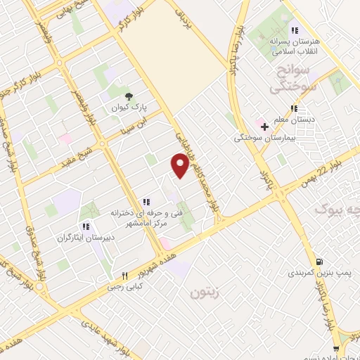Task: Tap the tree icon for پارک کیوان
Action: (x=127, y=97)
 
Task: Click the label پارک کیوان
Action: (x=127, y=109)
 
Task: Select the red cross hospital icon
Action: (x=264, y=127)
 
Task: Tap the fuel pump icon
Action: (x=321, y=259)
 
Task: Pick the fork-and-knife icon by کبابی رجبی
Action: (x=124, y=276)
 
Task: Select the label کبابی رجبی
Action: (x=124, y=287)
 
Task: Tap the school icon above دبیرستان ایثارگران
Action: (x=85, y=226)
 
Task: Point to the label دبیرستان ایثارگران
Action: (x=85, y=238)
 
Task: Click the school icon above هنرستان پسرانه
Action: (x=295, y=30)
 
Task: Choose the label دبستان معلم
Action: (x=295, y=119)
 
